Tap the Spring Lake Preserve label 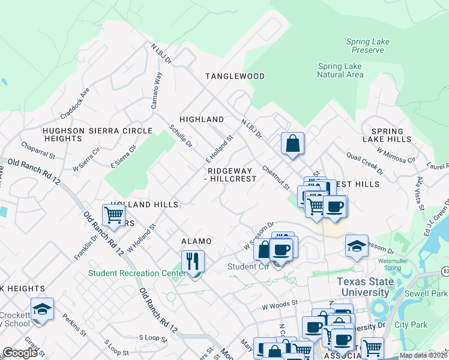point(367,46)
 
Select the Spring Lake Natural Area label point(340,70)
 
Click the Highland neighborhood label point(202,119)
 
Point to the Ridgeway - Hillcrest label point(231,174)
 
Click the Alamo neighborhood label point(196,241)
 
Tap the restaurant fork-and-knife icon point(193,262)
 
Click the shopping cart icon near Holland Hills point(113,214)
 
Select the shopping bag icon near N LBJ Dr point(292,143)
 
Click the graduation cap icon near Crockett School point(42,309)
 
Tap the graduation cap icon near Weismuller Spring point(357,246)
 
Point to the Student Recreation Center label point(136,274)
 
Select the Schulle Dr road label point(180,136)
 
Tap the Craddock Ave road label point(74,101)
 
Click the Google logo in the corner point(20,353)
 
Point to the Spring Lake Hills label point(391,135)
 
